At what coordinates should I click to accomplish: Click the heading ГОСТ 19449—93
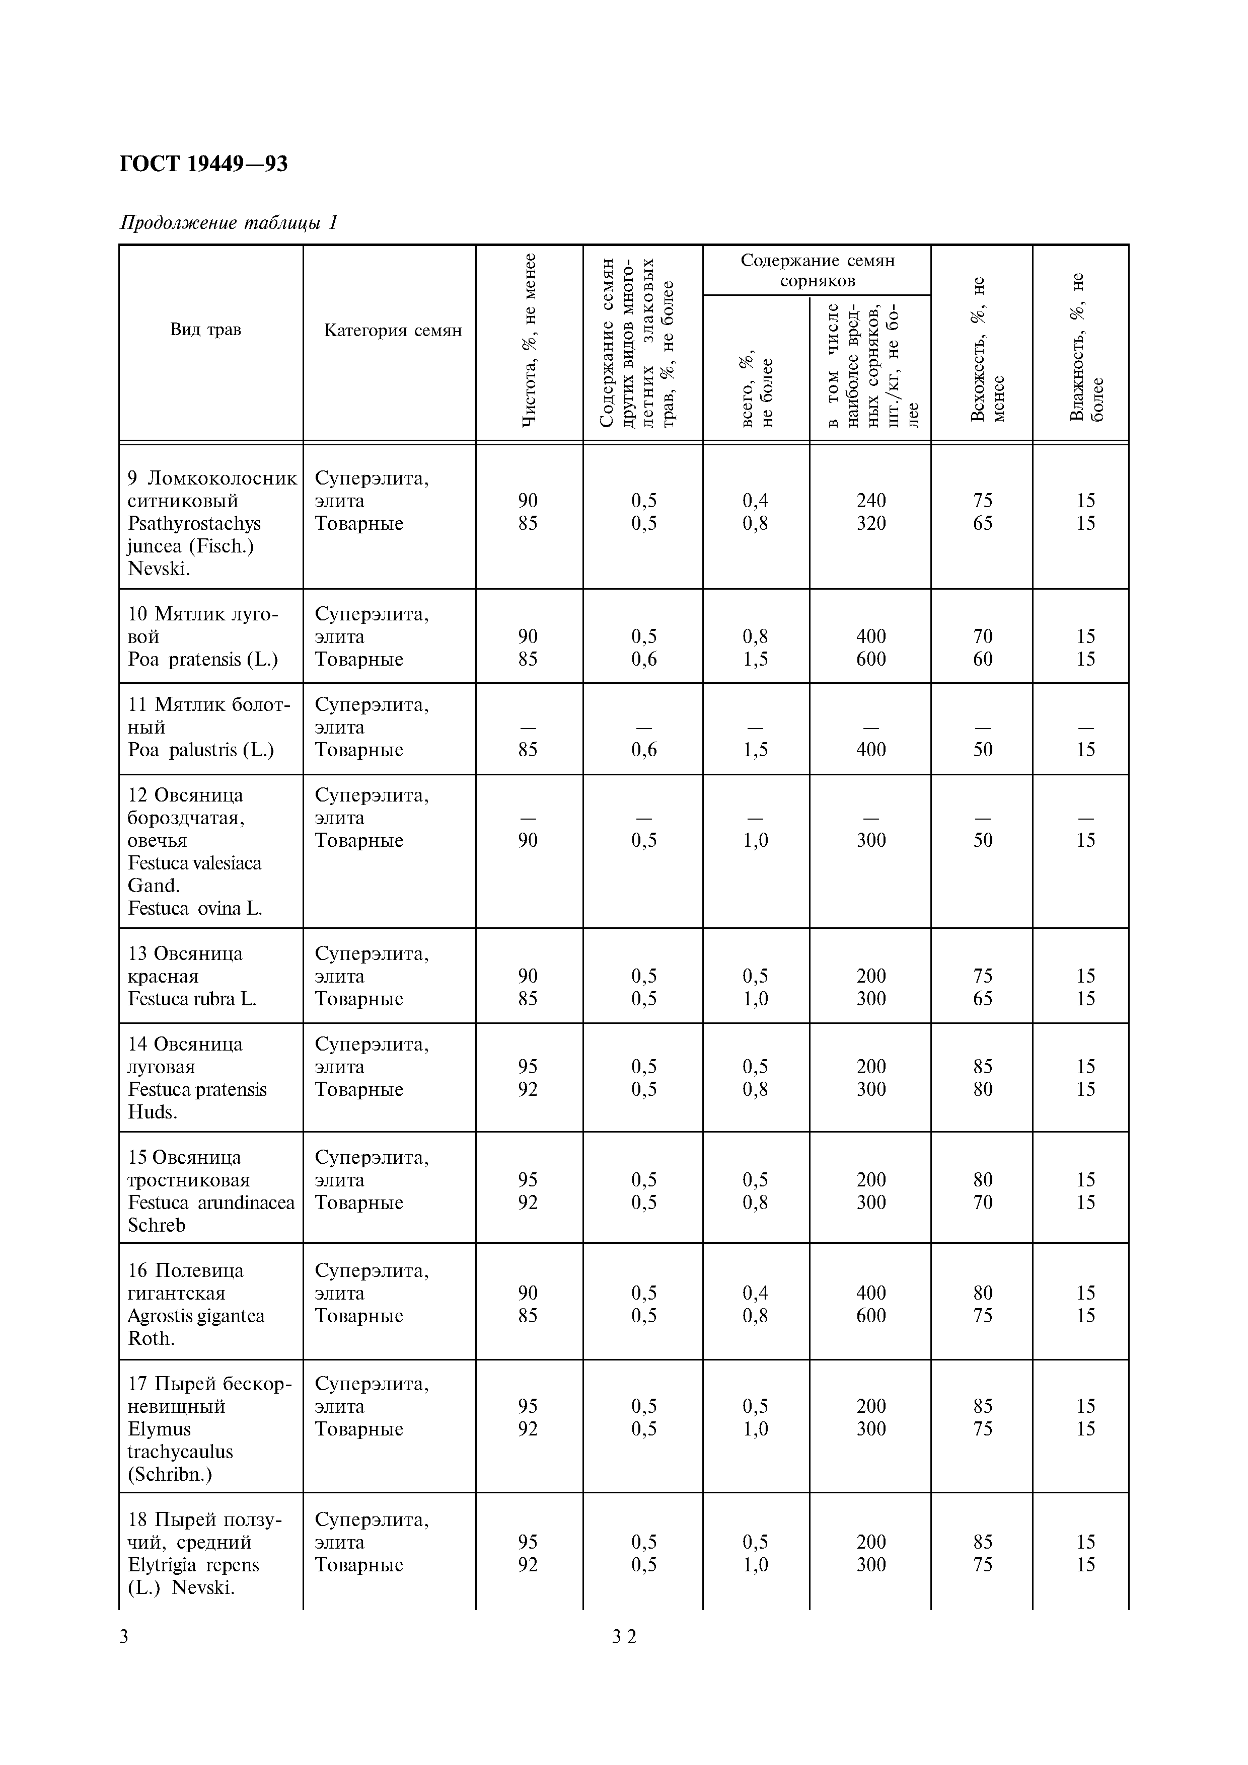point(204,164)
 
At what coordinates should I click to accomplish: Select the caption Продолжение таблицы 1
point(229,222)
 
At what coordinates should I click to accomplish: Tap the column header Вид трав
point(205,329)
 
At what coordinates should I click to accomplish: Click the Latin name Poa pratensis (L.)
point(202,659)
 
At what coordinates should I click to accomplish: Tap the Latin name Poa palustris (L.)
point(201,750)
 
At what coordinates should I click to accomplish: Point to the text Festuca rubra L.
point(191,999)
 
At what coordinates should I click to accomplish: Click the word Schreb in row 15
point(156,1225)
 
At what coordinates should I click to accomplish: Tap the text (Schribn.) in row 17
point(169,1474)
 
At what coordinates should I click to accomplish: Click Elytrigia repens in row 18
point(193,1564)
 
